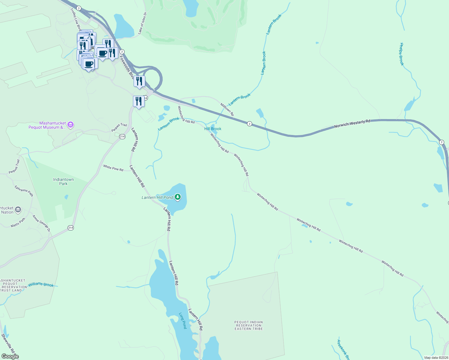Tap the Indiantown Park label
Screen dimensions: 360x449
[x=63, y=181]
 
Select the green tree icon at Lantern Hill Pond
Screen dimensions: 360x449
[x=178, y=197]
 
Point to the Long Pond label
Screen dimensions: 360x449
[x=182, y=320]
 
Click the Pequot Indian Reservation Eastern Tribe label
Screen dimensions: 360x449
[x=249, y=325]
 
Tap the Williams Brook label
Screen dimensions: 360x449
[x=41, y=284]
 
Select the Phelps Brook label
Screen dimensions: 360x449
[x=402, y=54]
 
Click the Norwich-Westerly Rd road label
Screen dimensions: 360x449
[x=352, y=124]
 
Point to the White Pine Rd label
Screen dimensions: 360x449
[x=113, y=168]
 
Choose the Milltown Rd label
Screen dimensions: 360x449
[x=227, y=109]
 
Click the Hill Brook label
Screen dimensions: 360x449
[x=213, y=129]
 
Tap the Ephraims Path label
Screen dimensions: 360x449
[x=24, y=191]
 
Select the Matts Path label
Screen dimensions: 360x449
[x=18, y=223]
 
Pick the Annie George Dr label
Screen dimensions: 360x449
[x=41, y=223]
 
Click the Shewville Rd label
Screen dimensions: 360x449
[x=8, y=343]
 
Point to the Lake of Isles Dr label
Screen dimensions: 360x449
[x=142, y=23]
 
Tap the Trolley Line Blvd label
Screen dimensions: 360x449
[x=76, y=19]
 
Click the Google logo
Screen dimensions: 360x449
[x=10, y=356]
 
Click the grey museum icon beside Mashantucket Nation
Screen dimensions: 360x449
[x=18, y=210]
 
